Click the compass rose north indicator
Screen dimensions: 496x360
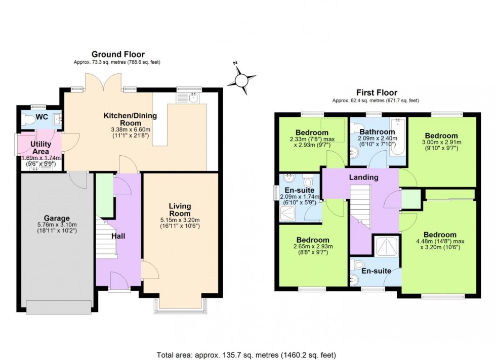click(235, 63)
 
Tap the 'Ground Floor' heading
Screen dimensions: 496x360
click(118, 55)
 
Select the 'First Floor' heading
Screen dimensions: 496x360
click(377, 93)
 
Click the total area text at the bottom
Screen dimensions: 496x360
click(246, 355)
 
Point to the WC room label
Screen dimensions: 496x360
click(42, 117)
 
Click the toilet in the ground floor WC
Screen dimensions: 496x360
click(29, 120)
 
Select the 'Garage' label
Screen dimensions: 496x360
click(57, 218)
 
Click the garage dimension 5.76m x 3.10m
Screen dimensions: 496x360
click(57, 224)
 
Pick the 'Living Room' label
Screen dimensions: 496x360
click(180, 210)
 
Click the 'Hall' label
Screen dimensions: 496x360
click(118, 236)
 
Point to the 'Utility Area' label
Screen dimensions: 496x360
click(41, 148)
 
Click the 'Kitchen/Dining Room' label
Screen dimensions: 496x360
click(131, 119)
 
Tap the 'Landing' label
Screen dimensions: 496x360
click(364, 177)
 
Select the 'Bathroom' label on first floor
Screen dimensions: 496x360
click(378, 132)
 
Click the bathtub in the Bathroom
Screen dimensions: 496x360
click(397, 137)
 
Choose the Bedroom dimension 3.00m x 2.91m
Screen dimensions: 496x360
click(441, 143)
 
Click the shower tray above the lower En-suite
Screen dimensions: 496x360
click(386, 247)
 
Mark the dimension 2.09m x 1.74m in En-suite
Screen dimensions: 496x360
click(300, 197)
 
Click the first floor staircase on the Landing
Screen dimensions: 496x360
click(360, 206)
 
